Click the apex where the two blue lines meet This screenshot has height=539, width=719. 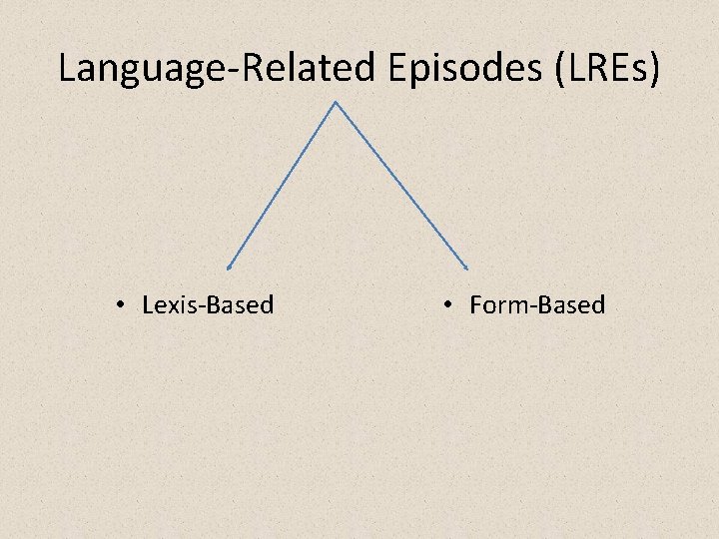click(x=336, y=102)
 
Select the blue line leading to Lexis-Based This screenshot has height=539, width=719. click(x=283, y=185)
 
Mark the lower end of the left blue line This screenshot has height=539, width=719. click(x=229, y=267)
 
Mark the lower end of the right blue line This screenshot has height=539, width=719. click(x=467, y=267)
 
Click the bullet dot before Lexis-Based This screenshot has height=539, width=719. click(x=119, y=304)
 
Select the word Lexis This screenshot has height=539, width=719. click(x=169, y=304)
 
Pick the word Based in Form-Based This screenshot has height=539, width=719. click(x=571, y=304)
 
